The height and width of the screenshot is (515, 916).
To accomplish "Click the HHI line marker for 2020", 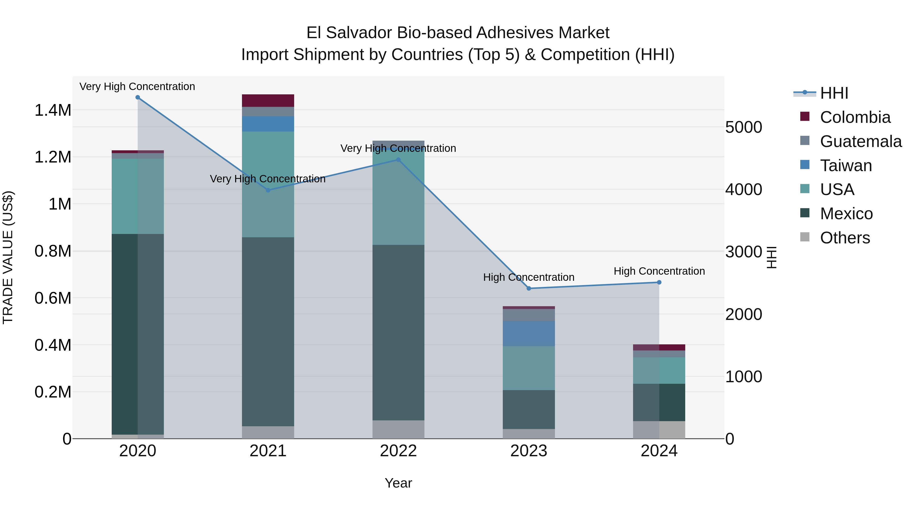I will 138,97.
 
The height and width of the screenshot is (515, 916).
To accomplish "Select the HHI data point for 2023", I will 528,288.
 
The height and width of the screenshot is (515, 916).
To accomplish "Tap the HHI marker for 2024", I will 659,282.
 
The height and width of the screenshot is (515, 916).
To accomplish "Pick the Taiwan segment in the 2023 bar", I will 528,333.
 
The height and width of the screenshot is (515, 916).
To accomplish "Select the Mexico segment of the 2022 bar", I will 398,332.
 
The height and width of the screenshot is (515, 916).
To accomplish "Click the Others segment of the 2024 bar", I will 659,430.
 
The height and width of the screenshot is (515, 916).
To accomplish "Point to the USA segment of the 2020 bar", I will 138,196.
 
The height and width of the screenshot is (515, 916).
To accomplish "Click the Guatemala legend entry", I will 861,141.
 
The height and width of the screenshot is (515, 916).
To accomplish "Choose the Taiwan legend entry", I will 846,166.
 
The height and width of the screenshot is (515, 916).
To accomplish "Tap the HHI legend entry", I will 834,93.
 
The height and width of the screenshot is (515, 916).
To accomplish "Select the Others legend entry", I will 845,238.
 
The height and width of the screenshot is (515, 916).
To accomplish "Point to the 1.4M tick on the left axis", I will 53,110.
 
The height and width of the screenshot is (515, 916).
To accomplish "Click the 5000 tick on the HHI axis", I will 743,127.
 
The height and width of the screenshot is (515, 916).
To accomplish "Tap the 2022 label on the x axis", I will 398,451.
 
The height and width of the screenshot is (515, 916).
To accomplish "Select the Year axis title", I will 398,483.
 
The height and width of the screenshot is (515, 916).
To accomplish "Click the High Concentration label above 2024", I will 659,271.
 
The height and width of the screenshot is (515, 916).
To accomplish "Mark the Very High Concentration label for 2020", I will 137,86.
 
